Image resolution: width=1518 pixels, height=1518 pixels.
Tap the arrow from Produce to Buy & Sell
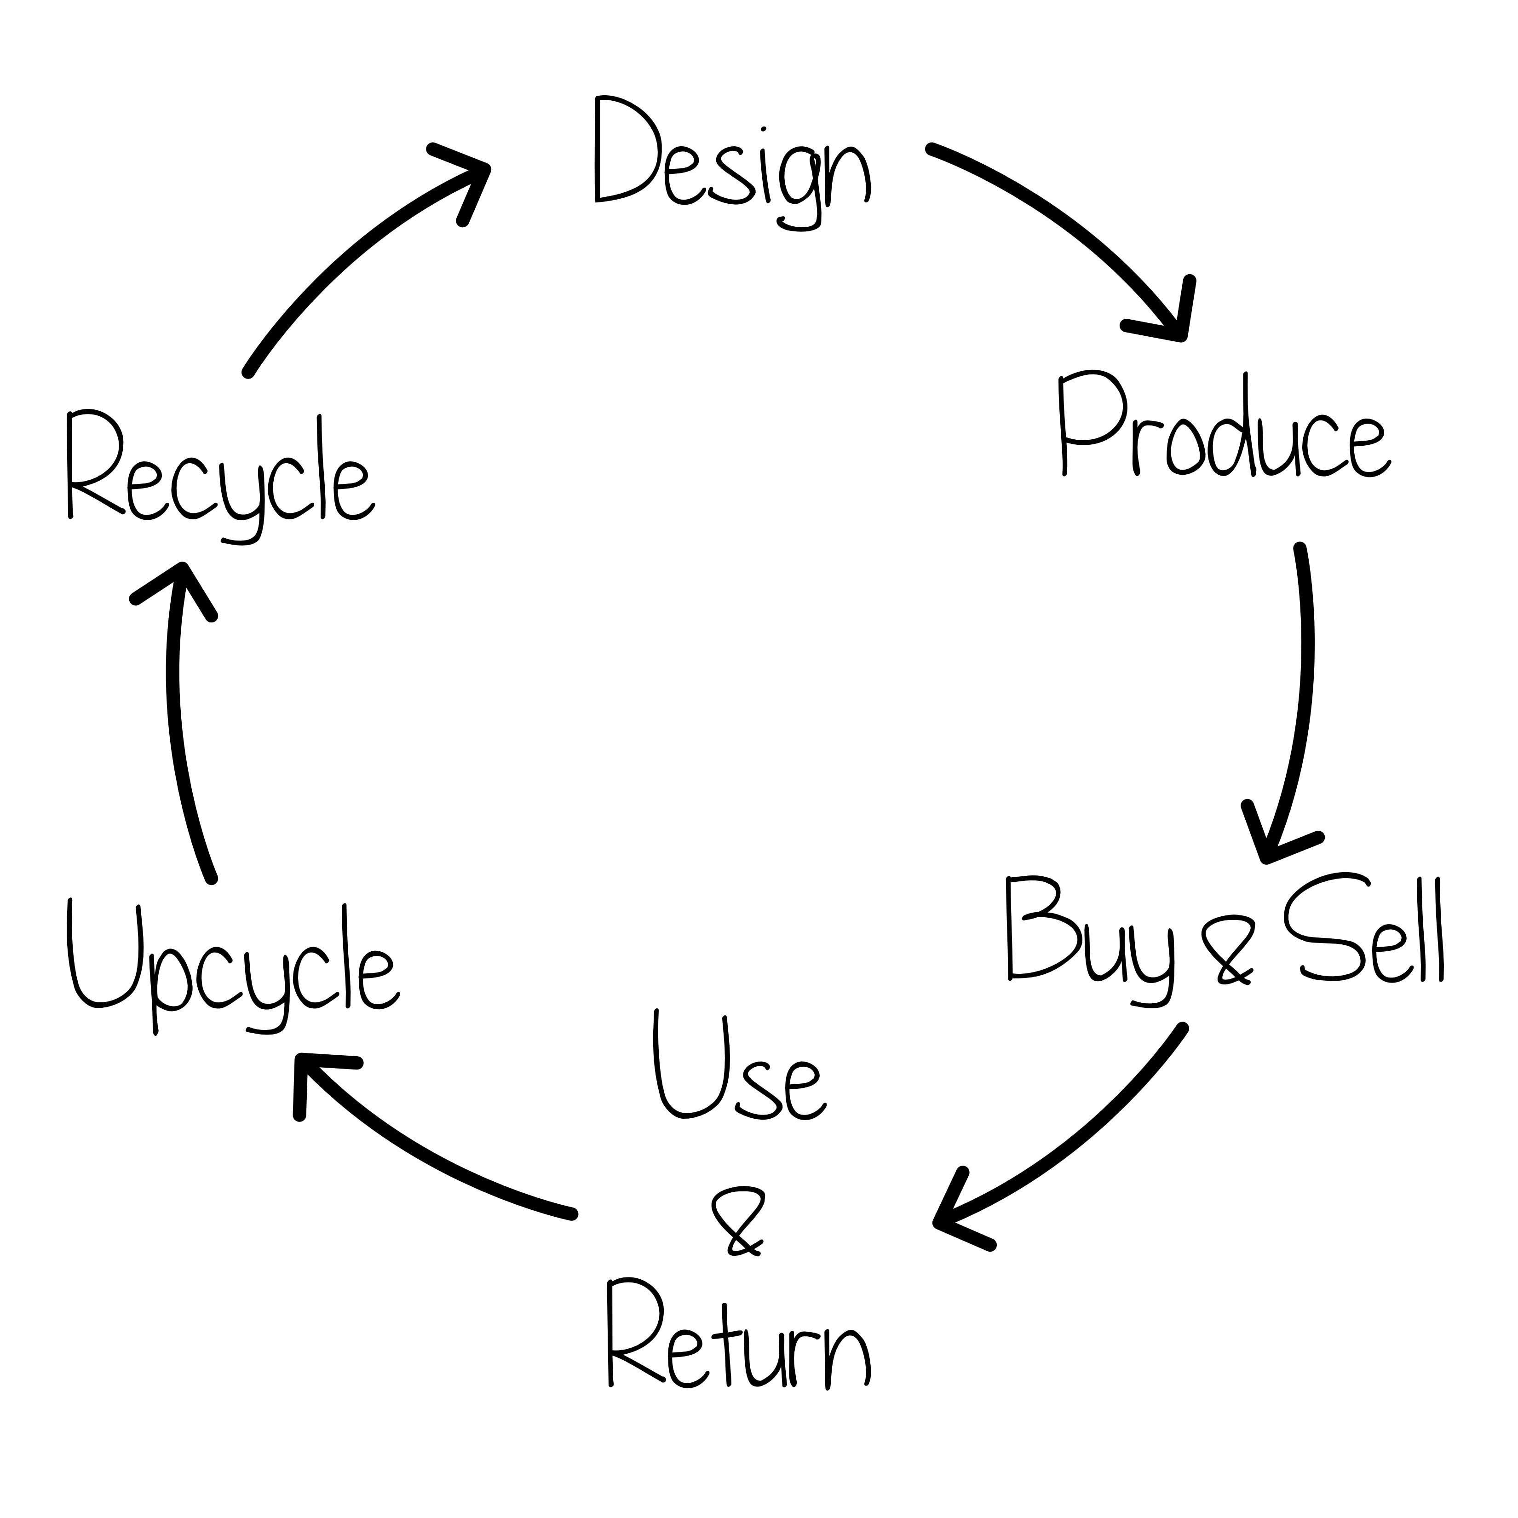click(1304, 691)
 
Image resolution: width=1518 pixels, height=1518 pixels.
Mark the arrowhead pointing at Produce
click(1171, 318)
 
